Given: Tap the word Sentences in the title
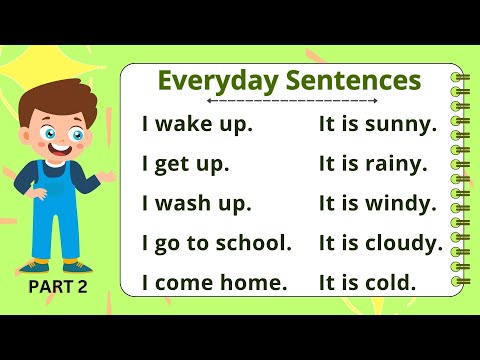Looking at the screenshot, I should [x=347, y=80].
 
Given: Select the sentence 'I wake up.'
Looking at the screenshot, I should [x=197, y=126].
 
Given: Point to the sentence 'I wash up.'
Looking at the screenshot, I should [x=197, y=204].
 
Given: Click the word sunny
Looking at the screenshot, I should [x=402, y=126].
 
